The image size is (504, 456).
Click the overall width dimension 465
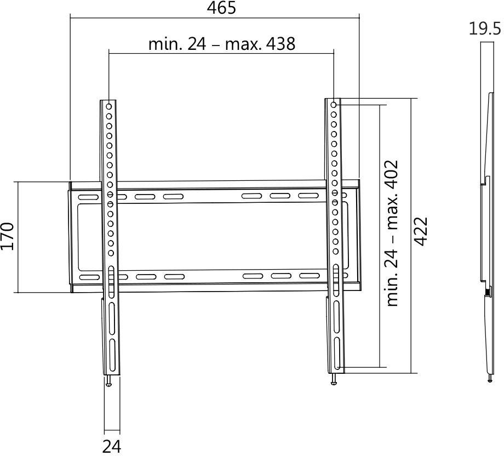pos(222,8)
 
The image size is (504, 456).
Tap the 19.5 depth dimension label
pos(484,29)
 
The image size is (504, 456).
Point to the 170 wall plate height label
pos(7,236)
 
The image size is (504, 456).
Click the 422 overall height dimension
pos(420,232)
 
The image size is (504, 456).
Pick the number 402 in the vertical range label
pos(392,174)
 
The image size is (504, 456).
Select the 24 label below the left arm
pos(111,446)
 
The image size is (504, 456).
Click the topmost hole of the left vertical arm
pos(110,106)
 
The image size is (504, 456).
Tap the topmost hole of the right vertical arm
pos(334,104)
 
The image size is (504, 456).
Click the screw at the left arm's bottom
pos(110,381)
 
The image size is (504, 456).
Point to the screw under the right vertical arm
pos(333,380)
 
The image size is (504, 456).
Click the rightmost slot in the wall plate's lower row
pos(308,276)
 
